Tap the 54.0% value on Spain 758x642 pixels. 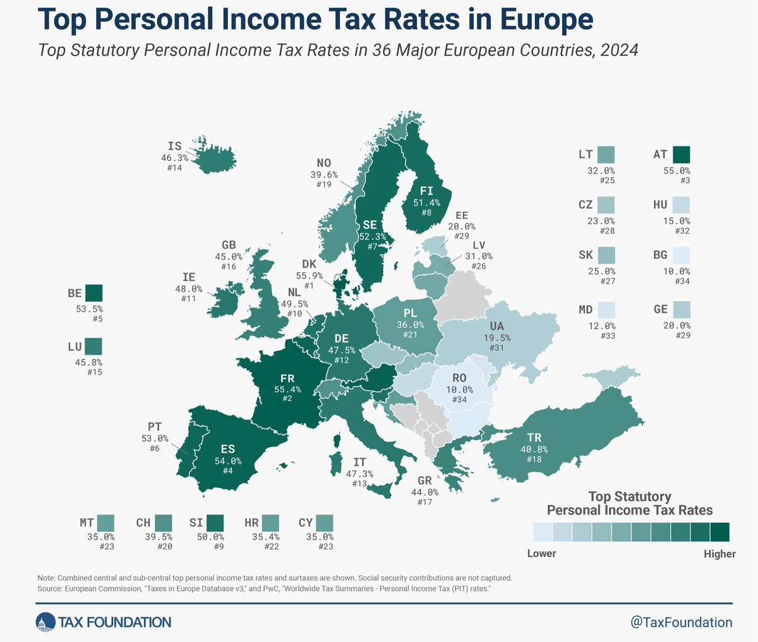pos(227,461)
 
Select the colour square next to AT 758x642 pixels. pos(682,155)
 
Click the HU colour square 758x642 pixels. pos(682,205)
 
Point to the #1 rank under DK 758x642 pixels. pos(310,286)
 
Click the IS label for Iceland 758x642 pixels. pos(175,146)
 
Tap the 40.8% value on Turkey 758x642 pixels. pos(534,449)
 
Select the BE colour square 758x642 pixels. pos(94,293)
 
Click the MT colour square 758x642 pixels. pos(105,523)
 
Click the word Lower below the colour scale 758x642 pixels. pos(541,554)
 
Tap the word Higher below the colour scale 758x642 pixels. pos(719,554)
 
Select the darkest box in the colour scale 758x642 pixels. pos(719,532)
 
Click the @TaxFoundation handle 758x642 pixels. pos(682,622)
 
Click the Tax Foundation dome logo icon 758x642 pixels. pos(45,622)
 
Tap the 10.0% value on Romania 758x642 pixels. pos(459,390)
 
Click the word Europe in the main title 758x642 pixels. pos(546,20)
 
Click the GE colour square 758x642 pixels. pos(682,309)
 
